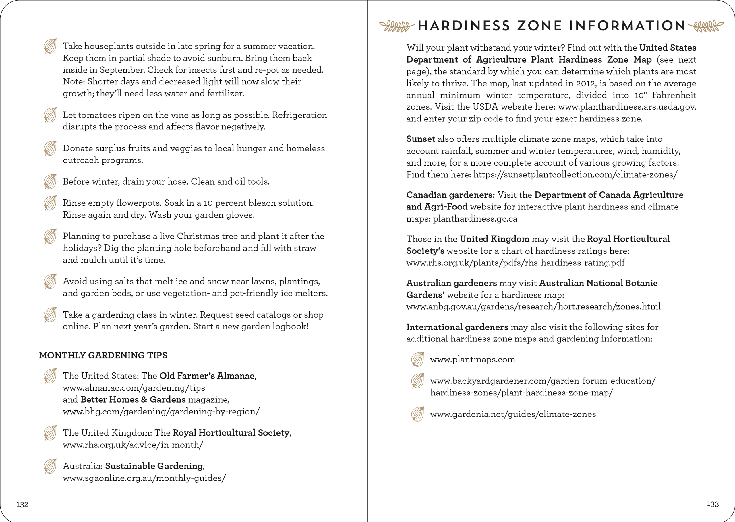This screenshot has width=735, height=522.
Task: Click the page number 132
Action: [22, 504]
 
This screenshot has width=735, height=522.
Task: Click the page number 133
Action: [713, 504]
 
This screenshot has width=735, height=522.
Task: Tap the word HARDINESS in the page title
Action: [464, 26]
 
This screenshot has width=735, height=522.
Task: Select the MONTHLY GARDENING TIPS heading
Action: [103, 355]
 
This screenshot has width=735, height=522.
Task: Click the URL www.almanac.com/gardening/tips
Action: [134, 388]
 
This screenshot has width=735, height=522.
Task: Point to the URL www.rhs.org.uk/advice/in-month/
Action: [133, 445]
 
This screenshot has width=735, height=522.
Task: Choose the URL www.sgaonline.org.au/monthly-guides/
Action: [144, 478]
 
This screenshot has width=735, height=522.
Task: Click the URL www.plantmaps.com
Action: [472, 359]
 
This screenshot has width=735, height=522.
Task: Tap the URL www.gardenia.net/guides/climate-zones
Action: [513, 414]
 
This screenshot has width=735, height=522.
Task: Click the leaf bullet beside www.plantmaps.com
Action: [417, 359]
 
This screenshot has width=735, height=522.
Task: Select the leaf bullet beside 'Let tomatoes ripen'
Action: [50, 115]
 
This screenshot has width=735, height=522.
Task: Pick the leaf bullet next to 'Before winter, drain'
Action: [50, 181]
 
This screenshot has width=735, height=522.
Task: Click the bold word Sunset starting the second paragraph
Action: [421, 139]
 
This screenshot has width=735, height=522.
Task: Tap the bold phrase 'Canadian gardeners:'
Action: [450, 195]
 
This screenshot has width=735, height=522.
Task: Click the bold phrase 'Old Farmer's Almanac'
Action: [207, 376]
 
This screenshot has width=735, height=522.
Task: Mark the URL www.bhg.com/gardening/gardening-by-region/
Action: [161, 412]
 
